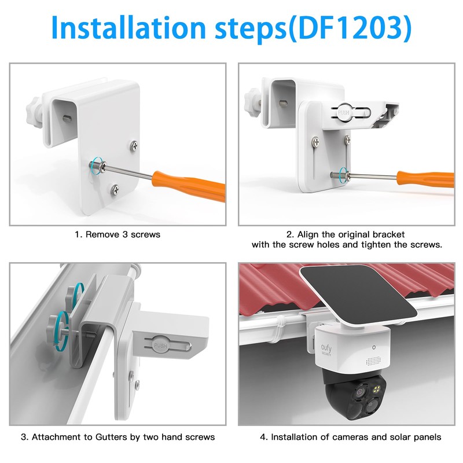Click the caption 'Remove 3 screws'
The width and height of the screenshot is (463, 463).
[117, 235]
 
